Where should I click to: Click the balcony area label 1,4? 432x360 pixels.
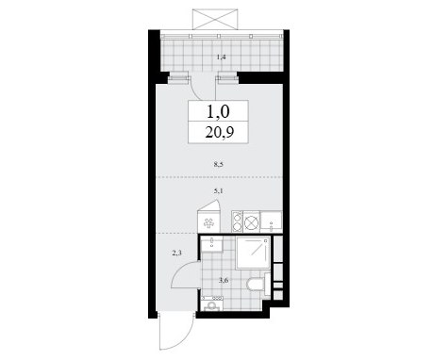click(x=221, y=57)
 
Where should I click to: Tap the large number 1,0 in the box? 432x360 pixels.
click(x=218, y=111)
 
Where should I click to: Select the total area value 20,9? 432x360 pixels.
click(x=219, y=133)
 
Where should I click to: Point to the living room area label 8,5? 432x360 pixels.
click(x=218, y=164)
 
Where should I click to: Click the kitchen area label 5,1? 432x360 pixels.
click(x=218, y=190)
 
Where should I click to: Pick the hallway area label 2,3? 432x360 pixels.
click(x=176, y=253)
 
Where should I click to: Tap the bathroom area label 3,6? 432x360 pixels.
click(x=224, y=281)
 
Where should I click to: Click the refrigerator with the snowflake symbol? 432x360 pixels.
click(x=208, y=221)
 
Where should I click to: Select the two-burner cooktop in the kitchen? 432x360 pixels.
click(x=237, y=221)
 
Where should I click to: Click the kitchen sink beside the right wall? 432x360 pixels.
click(x=271, y=221)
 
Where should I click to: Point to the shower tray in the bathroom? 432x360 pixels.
click(x=253, y=253)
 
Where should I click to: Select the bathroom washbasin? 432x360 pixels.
click(x=211, y=245)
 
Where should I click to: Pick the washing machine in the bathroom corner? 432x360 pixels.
click(x=212, y=303)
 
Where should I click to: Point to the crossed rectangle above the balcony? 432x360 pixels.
click(x=215, y=20)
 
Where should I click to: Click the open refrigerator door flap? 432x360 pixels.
click(x=210, y=205)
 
